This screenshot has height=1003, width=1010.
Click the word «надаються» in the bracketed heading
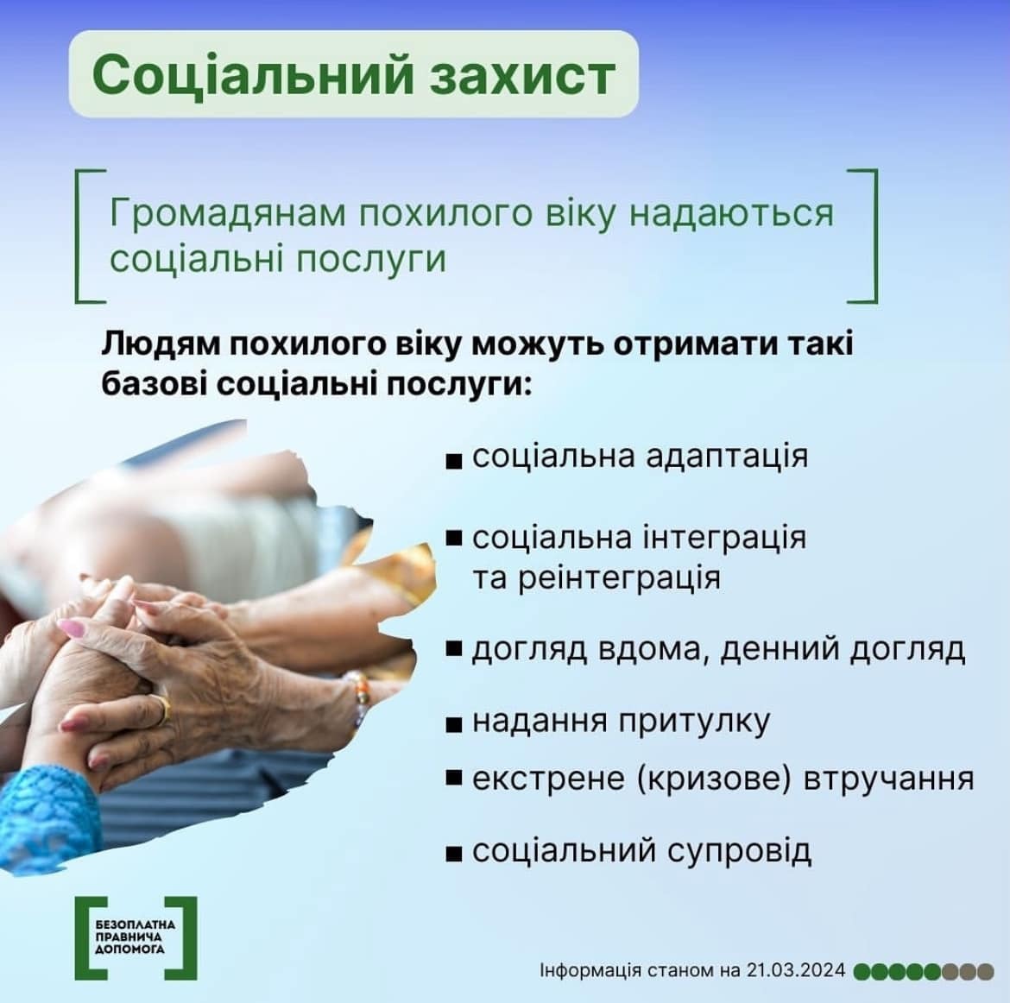731,213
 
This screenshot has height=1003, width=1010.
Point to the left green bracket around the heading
79,236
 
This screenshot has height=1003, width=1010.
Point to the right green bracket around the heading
874,236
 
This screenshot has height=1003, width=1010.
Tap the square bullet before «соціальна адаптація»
454,461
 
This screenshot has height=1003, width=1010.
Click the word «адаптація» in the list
727,457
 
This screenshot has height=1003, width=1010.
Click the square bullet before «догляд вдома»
454,649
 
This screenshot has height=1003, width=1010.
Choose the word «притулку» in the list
694,722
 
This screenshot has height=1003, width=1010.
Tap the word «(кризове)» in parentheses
714,779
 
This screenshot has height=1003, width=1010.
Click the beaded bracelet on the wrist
359,699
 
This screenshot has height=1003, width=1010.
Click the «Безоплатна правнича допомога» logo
136,937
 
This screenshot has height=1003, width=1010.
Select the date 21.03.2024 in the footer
796,970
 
